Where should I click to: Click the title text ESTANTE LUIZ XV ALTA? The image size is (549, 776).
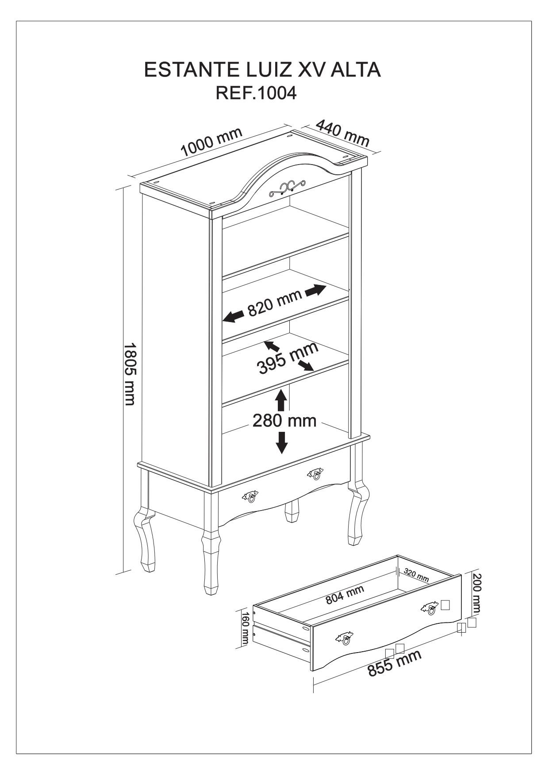click(262, 70)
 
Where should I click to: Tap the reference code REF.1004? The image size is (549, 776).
click(255, 93)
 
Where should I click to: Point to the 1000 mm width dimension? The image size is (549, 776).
click(212, 142)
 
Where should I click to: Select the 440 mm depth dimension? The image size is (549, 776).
click(342, 133)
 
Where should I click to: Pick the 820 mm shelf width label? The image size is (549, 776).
click(274, 303)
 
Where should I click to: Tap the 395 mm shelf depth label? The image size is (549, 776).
click(288, 358)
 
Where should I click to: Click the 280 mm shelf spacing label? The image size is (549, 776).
click(284, 420)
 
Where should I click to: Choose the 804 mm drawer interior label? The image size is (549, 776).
click(345, 595)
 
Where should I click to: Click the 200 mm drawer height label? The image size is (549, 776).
click(476, 594)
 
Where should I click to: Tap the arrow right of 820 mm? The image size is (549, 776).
click(315, 290)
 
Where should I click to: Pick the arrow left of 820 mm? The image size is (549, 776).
click(233, 316)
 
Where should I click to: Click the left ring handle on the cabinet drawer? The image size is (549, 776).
click(250, 497)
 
